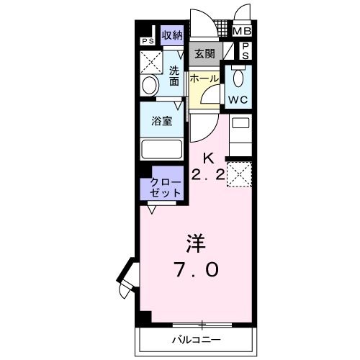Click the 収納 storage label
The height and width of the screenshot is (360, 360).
click(172, 35)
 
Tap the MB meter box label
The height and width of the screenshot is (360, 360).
click(241, 31)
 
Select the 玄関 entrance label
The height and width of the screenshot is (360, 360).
click(204, 54)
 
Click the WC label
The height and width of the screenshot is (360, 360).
click(238, 99)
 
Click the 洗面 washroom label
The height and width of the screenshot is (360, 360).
click(175, 76)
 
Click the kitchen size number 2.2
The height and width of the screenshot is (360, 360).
click(207, 175)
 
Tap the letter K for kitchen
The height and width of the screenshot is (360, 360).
click(207, 158)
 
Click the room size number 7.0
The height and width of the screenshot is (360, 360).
click(196, 270)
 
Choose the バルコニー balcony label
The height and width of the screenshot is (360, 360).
click(196, 338)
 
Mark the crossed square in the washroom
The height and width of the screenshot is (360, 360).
click(150, 62)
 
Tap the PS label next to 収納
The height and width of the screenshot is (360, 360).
click(147, 41)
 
